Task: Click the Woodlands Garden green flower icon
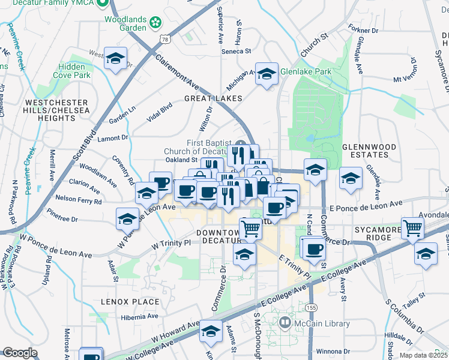coord(156,23)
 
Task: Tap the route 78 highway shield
coord(164,39)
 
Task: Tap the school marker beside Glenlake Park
coord(267,74)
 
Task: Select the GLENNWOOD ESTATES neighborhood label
coord(369,152)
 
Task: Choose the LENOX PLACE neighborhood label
coord(130,302)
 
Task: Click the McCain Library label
coord(322,324)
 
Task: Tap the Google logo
coord(20,353)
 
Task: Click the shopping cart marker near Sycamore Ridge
coord(412,229)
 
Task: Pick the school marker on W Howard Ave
coord(211,332)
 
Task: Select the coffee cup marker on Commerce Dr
coord(312,248)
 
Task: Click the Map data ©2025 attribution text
coord(423,355)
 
